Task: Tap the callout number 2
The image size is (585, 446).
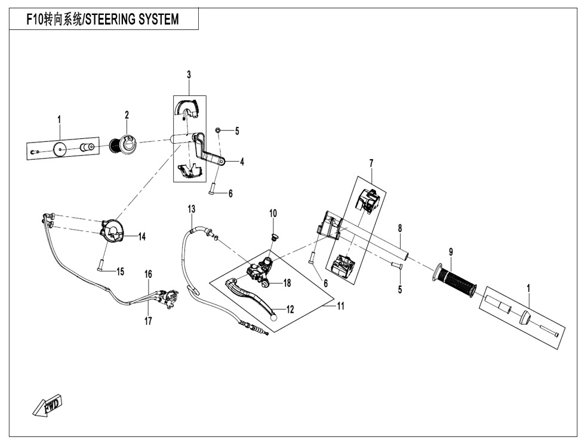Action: tap(127, 114)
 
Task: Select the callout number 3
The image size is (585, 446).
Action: tap(189, 75)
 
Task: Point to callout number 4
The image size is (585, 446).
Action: tap(242, 162)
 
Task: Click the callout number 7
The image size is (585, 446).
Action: tap(371, 162)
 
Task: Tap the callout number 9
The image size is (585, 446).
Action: tap(451, 252)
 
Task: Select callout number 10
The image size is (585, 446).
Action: tap(273, 213)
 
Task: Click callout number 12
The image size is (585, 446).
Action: tap(291, 310)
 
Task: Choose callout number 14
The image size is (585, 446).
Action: tap(142, 237)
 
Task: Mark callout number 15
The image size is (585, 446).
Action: tap(120, 272)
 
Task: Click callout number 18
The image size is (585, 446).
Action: tap(287, 283)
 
